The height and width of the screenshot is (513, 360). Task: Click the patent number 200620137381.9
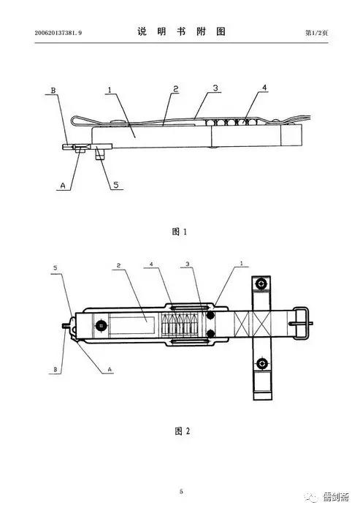(58, 33)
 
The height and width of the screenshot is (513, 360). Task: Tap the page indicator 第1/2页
(316, 33)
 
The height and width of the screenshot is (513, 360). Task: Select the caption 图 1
(180, 232)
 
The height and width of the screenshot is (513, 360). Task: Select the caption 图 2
(183, 431)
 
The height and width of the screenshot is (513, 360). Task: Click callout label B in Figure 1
(53, 91)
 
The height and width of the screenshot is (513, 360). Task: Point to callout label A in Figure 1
(63, 186)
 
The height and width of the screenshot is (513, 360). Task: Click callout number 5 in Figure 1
(116, 185)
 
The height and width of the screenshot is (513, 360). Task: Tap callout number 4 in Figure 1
(264, 88)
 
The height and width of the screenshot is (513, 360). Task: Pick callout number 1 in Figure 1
(110, 89)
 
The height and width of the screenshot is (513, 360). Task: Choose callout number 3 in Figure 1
(215, 88)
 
